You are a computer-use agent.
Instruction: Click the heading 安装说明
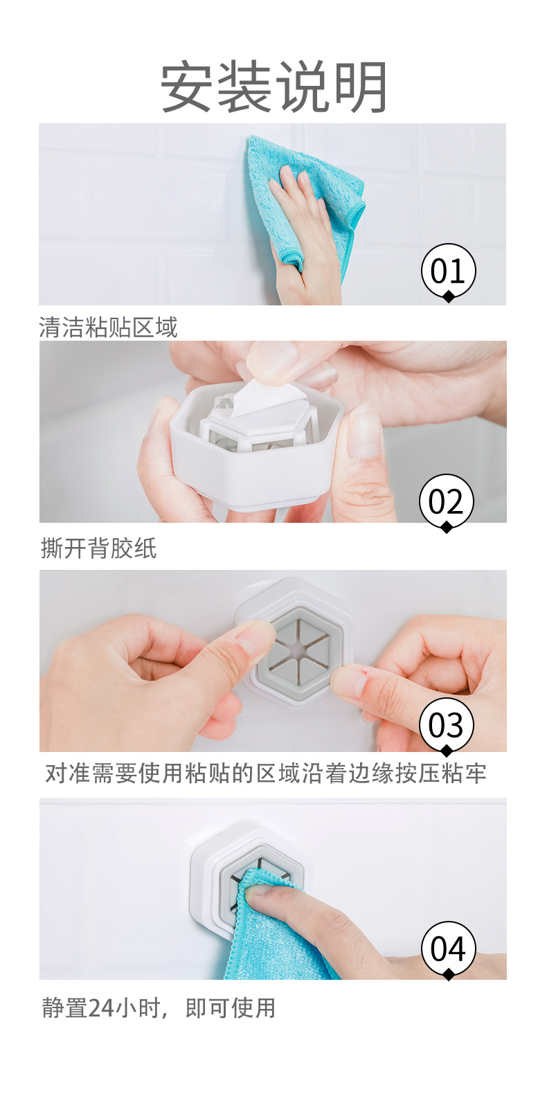click(x=273, y=88)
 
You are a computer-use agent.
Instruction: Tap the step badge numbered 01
click(x=448, y=270)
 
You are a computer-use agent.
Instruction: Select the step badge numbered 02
click(x=446, y=501)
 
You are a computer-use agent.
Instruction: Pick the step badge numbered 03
click(x=446, y=724)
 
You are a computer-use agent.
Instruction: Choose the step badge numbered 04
click(x=448, y=948)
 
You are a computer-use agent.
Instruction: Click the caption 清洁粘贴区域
click(x=108, y=328)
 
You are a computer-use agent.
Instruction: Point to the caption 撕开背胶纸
click(x=98, y=548)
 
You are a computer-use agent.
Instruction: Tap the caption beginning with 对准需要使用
click(x=266, y=773)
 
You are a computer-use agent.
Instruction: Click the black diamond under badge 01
click(x=449, y=296)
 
